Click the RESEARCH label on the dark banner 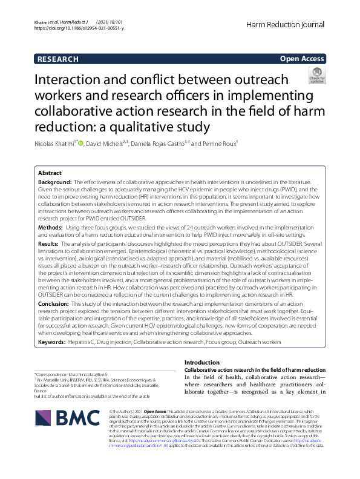point(58,59)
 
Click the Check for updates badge point(317,76)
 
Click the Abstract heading point(50,173)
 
